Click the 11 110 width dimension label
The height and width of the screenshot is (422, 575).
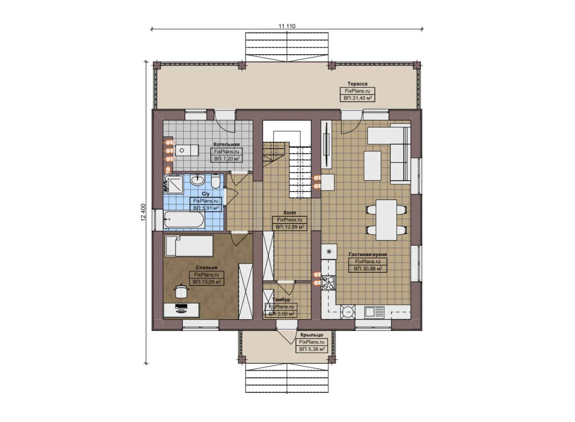coord(287,26)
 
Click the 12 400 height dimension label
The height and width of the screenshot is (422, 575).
coord(143,212)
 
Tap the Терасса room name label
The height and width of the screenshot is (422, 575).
coord(357,84)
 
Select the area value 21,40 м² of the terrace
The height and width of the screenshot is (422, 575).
coord(357,98)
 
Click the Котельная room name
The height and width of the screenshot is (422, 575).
coord(226,144)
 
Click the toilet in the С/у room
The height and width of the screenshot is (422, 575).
coord(215,182)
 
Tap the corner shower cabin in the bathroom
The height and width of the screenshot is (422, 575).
coord(174,184)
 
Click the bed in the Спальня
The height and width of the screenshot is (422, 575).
coord(189,246)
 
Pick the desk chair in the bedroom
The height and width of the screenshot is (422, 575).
coord(181,291)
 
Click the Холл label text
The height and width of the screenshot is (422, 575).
coord(289,213)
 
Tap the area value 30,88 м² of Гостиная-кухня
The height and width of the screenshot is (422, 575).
coord(368,269)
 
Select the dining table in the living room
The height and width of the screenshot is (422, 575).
coord(386,220)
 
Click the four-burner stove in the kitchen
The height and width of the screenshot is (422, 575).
coord(328,283)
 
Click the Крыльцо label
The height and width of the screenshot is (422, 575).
coord(312,335)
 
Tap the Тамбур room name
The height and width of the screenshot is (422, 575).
coord(281,300)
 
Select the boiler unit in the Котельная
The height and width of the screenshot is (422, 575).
coord(187,150)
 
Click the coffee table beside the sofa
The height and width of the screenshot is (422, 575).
coord(372,166)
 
